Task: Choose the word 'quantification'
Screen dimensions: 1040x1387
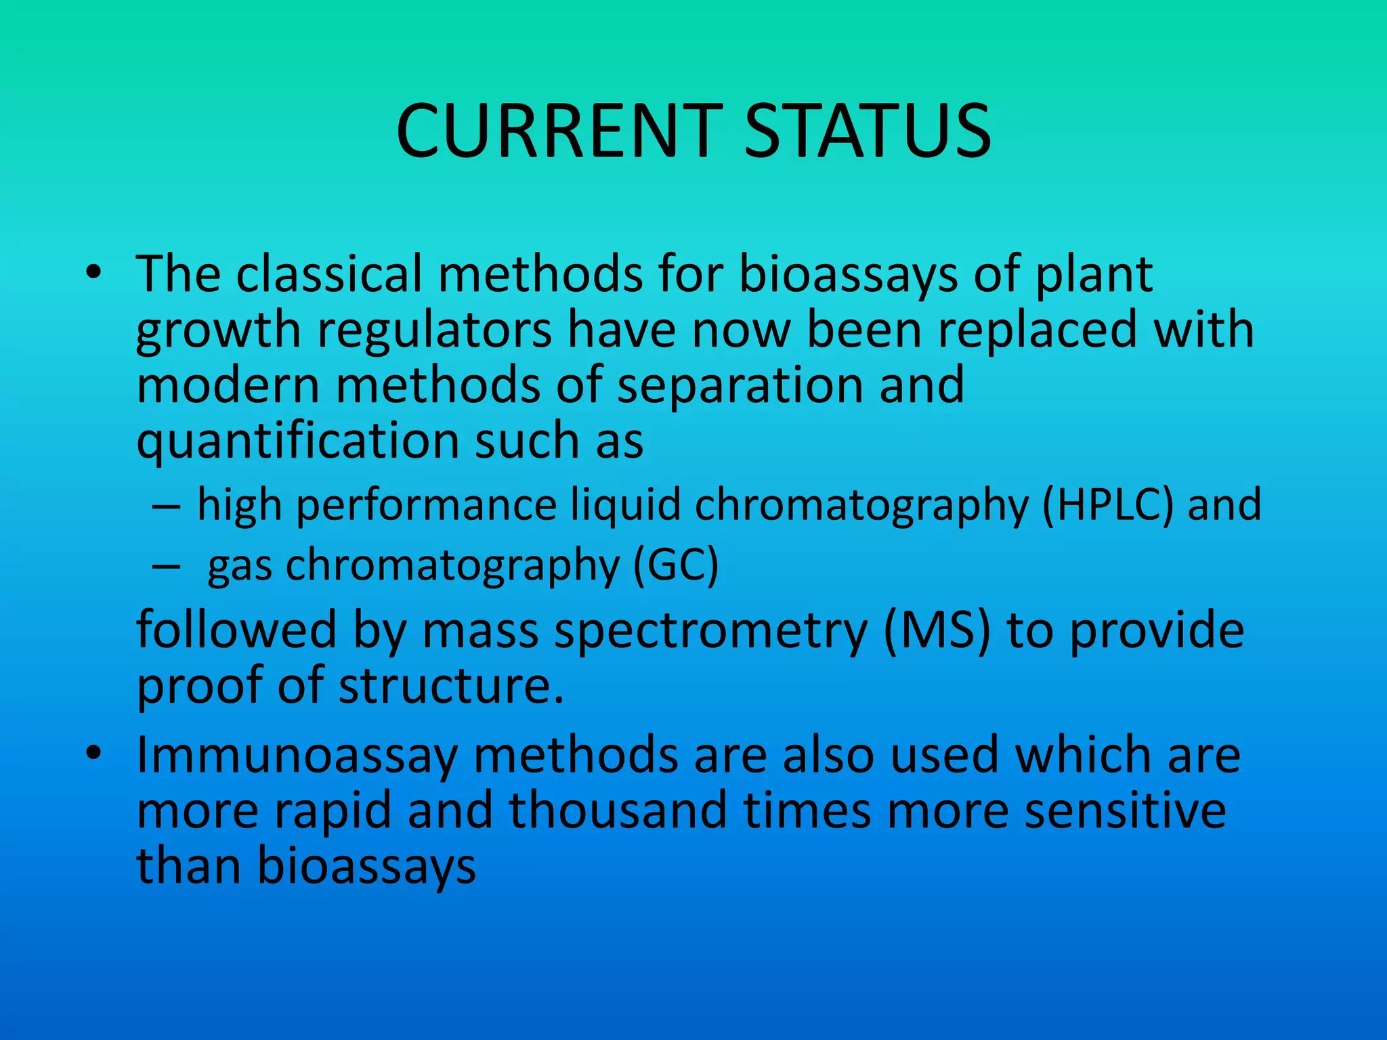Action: (298, 441)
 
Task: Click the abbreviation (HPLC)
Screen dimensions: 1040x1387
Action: (1107, 505)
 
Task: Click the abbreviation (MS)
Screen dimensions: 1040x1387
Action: (937, 630)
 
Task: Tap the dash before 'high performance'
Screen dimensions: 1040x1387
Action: (166, 506)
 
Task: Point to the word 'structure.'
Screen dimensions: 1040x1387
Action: (451, 686)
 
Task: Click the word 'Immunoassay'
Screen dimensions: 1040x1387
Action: (297, 756)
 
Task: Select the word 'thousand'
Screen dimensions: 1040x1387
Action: (618, 810)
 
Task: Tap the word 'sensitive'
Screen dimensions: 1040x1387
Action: (1125, 810)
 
